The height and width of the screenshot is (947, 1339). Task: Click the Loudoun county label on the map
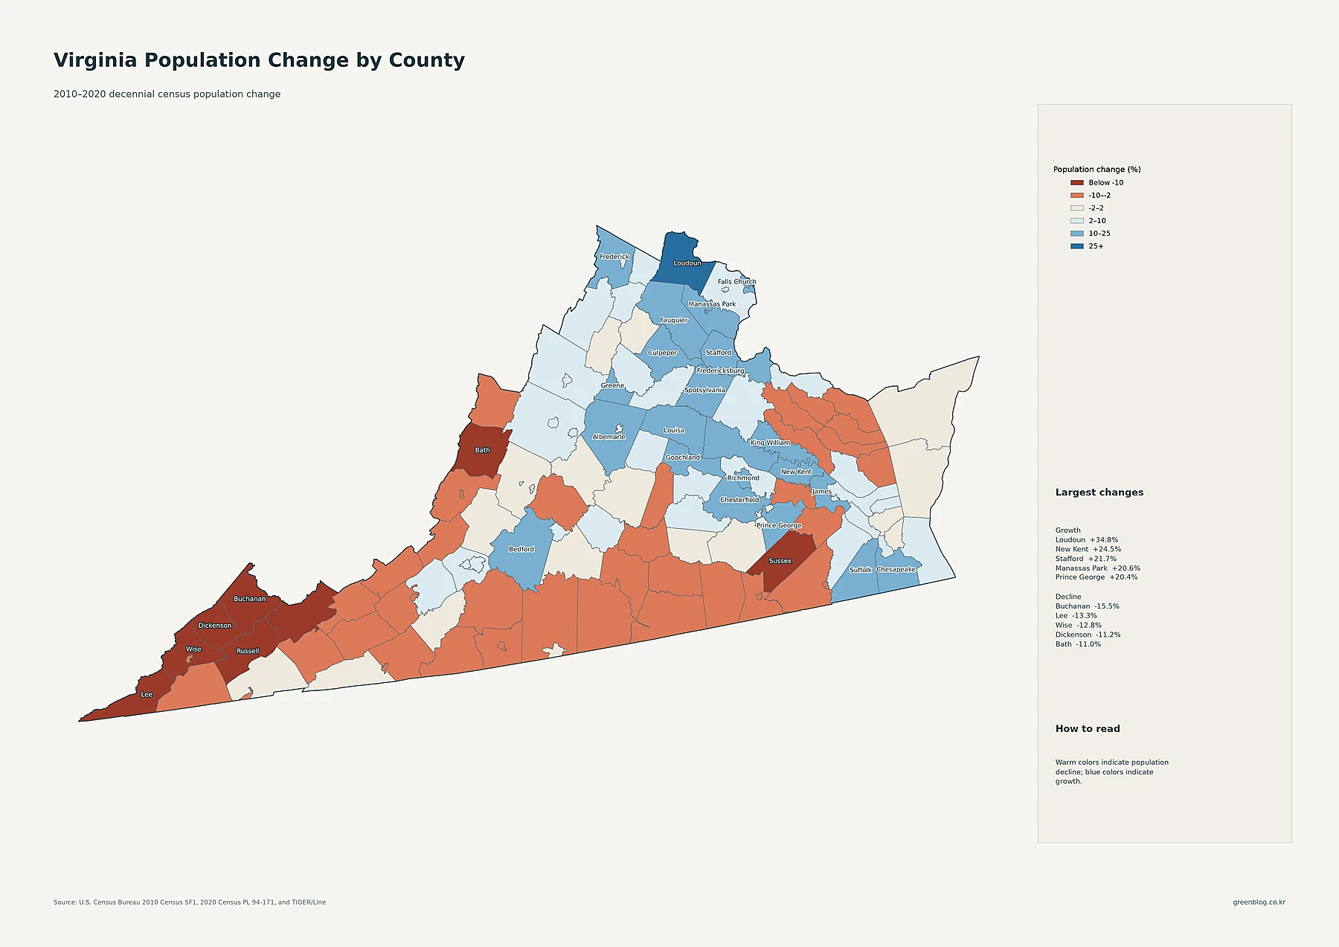pyautogui.click(x=687, y=263)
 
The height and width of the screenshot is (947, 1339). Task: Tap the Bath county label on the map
pyautogui.click(x=483, y=450)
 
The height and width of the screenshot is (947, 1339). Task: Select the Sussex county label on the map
pyautogui.click(x=780, y=561)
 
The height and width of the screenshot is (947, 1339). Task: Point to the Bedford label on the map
pyautogui.click(x=521, y=549)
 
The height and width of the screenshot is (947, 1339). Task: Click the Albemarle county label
pyautogui.click(x=609, y=437)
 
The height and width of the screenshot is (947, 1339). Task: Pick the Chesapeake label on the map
pyautogui.click(x=896, y=569)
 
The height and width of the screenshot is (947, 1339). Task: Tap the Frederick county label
pyautogui.click(x=614, y=257)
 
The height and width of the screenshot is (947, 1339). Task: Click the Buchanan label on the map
pyautogui.click(x=250, y=599)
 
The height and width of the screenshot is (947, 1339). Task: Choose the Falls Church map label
pyautogui.click(x=737, y=282)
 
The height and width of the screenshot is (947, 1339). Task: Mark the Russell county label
pyautogui.click(x=248, y=651)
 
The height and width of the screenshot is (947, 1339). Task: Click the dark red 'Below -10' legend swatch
pyautogui.click(x=1076, y=183)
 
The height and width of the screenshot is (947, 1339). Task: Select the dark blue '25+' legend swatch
pyautogui.click(x=1076, y=246)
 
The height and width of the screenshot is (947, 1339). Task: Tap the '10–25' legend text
pyautogui.click(x=1099, y=234)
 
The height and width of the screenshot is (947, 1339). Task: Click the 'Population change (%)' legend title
pyautogui.click(x=1096, y=170)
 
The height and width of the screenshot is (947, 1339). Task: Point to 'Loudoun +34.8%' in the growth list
pyautogui.click(x=1087, y=540)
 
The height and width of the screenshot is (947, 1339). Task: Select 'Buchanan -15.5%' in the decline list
pyautogui.click(x=1087, y=606)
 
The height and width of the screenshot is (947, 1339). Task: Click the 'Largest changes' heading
pyautogui.click(x=1099, y=492)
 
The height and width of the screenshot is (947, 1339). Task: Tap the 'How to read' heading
pyautogui.click(x=1088, y=729)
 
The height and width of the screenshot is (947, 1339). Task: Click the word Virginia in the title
pyautogui.click(x=95, y=60)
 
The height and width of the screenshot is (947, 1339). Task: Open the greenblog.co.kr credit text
pyautogui.click(x=1259, y=902)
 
